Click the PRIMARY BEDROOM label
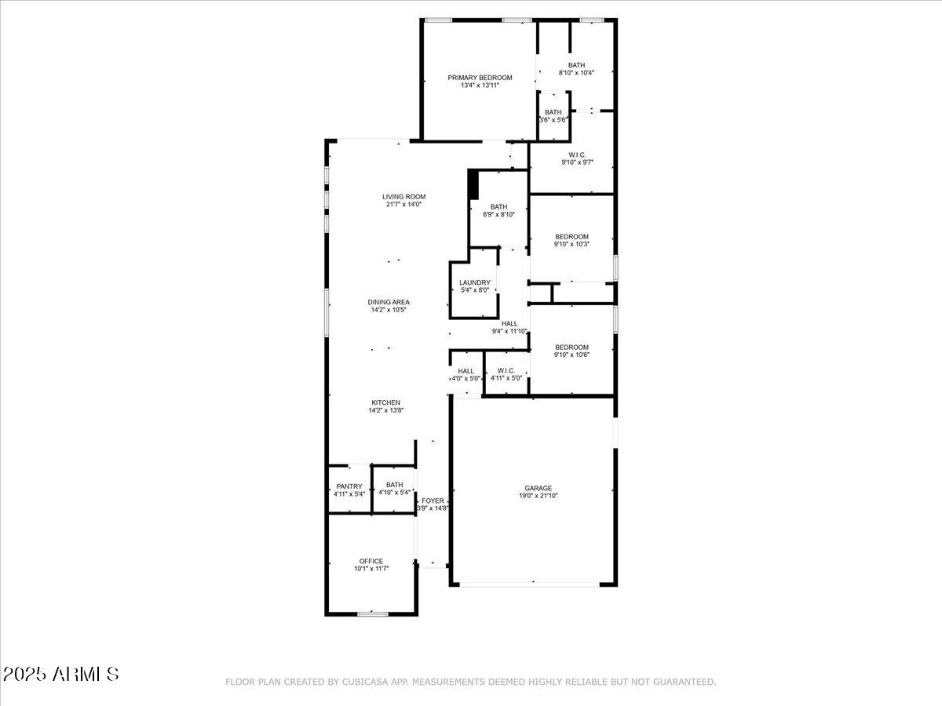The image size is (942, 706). coord(480,78)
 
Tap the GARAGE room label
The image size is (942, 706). coord(538,488)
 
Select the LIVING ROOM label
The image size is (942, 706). coord(403,197)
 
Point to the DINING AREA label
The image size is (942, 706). coord(389,302)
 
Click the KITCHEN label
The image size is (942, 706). coord(385,402)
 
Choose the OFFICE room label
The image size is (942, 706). coord(371,561)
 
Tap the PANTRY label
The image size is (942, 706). coord(349,486)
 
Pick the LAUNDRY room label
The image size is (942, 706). coord(474,282)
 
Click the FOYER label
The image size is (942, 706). coord(433,500)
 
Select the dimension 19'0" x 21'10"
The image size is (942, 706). coord(538,496)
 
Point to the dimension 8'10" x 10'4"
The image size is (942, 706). coord(576,73)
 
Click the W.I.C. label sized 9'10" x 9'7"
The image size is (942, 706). coord(576,155)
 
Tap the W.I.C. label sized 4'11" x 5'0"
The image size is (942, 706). coord(506,370)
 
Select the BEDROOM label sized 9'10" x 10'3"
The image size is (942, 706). coord(571,237)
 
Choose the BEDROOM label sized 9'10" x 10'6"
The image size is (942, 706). coord(571,348)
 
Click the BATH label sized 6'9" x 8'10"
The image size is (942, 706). coord(498,207)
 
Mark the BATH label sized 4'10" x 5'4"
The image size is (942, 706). coord(394,485)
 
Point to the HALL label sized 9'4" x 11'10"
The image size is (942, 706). coord(509,323)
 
